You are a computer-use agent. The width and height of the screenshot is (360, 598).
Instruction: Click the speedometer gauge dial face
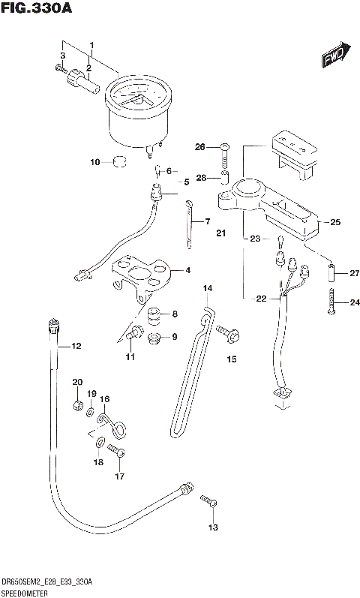(136, 99)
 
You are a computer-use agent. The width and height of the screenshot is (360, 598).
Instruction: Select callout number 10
(94, 162)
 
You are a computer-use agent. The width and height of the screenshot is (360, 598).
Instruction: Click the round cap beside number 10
(118, 161)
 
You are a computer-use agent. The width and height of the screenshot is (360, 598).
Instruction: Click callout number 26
(200, 146)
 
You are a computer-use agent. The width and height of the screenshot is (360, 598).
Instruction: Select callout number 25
(334, 222)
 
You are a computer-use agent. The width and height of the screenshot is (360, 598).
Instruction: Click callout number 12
(75, 346)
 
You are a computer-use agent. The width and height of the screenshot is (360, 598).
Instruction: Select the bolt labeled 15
(225, 330)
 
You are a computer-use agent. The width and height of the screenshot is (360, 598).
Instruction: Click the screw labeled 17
(115, 450)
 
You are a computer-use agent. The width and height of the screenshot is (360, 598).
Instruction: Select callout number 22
(261, 299)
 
